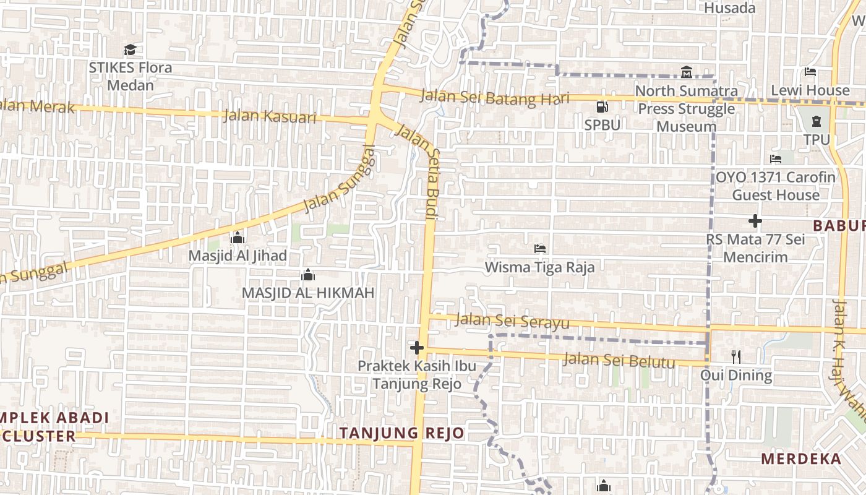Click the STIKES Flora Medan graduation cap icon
click(x=130, y=49)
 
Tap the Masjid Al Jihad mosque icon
click(x=237, y=238)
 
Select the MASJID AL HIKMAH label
click(x=308, y=293)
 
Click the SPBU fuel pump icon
click(x=602, y=106)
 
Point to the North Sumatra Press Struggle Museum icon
click(x=687, y=72)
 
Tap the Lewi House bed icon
click(x=810, y=72)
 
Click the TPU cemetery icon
click(x=817, y=121)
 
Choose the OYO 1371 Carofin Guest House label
click(x=776, y=186)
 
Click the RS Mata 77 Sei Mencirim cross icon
click(x=755, y=221)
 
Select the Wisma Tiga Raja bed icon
click(x=539, y=249)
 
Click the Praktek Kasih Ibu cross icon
click(x=417, y=347)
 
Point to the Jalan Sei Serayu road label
click(x=512, y=321)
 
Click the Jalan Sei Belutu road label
click(x=619, y=359)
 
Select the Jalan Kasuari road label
click(x=270, y=116)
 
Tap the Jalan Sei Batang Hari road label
click(x=494, y=98)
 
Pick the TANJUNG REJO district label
click(x=402, y=433)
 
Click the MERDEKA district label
click(x=801, y=459)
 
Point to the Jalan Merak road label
click(x=37, y=106)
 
